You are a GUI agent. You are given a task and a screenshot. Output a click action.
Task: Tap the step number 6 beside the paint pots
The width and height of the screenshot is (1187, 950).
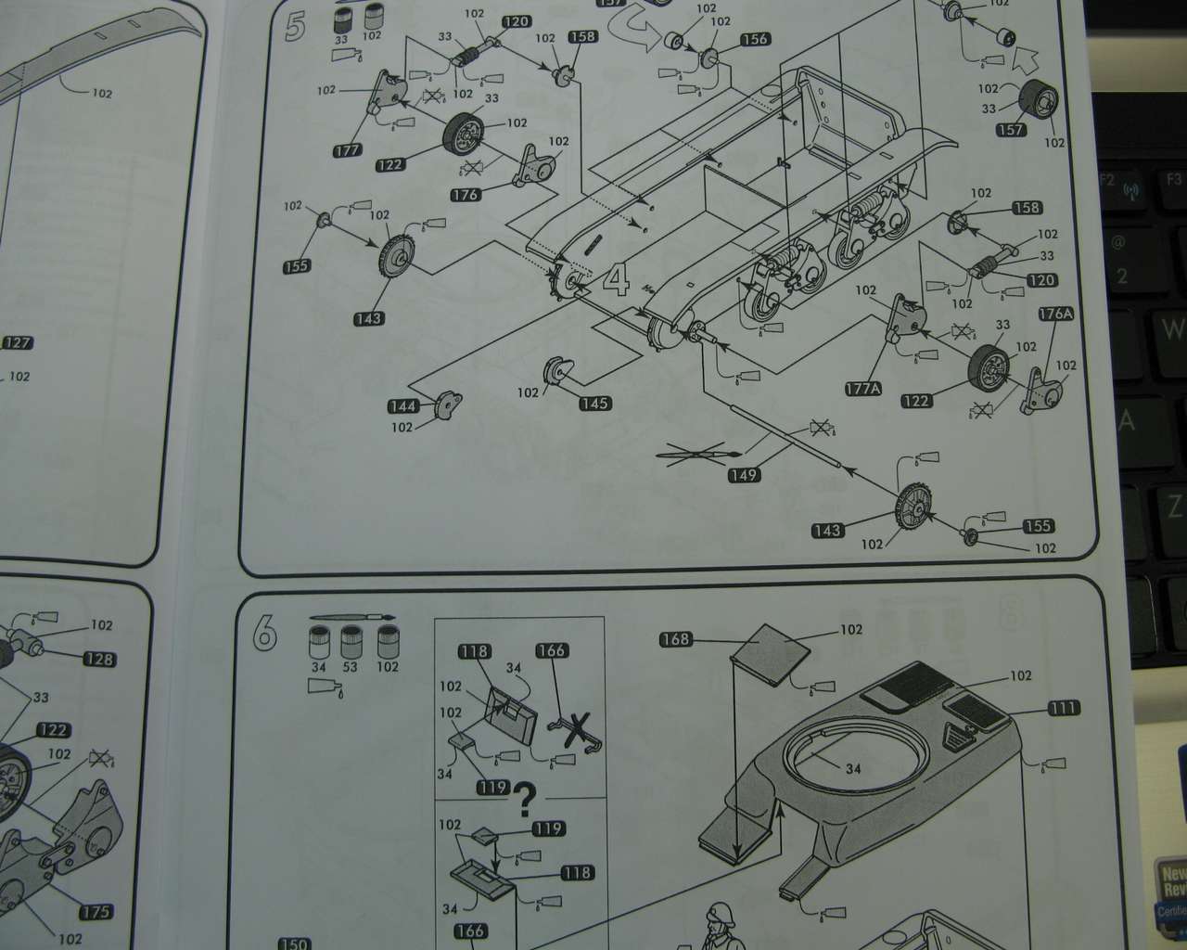coord(265,632)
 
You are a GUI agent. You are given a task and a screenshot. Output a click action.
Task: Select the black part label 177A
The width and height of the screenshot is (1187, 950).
coord(862,389)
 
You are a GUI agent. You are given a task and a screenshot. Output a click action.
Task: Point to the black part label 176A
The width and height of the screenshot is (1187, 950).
coord(1056,314)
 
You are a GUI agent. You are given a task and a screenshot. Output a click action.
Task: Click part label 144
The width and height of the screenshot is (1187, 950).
coord(402,406)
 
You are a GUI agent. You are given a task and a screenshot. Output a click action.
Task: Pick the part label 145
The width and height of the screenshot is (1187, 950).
coord(594,403)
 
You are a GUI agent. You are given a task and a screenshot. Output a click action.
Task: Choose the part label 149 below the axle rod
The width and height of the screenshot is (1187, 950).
coord(744,475)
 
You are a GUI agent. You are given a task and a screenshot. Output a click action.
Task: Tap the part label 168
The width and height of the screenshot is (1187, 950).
coord(676,638)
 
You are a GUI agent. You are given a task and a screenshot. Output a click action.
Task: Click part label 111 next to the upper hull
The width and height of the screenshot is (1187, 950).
coord(1063,708)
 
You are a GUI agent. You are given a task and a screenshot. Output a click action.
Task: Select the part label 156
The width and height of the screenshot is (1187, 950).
coord(755,39)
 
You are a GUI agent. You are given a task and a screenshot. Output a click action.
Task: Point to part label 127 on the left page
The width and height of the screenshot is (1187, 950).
coord(18,342)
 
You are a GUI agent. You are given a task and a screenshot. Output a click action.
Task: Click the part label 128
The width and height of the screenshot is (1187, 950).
coord(99,660)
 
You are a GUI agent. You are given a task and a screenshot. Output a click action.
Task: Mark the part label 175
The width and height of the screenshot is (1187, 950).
coord(95,912)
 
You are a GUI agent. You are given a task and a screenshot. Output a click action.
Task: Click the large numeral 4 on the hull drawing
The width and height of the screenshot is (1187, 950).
coord(617,278)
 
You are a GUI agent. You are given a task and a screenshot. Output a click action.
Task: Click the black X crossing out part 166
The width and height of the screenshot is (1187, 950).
coord(580,727)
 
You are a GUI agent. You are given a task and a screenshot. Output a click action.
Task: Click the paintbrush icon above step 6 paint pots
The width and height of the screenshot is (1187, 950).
coord(352,617)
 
